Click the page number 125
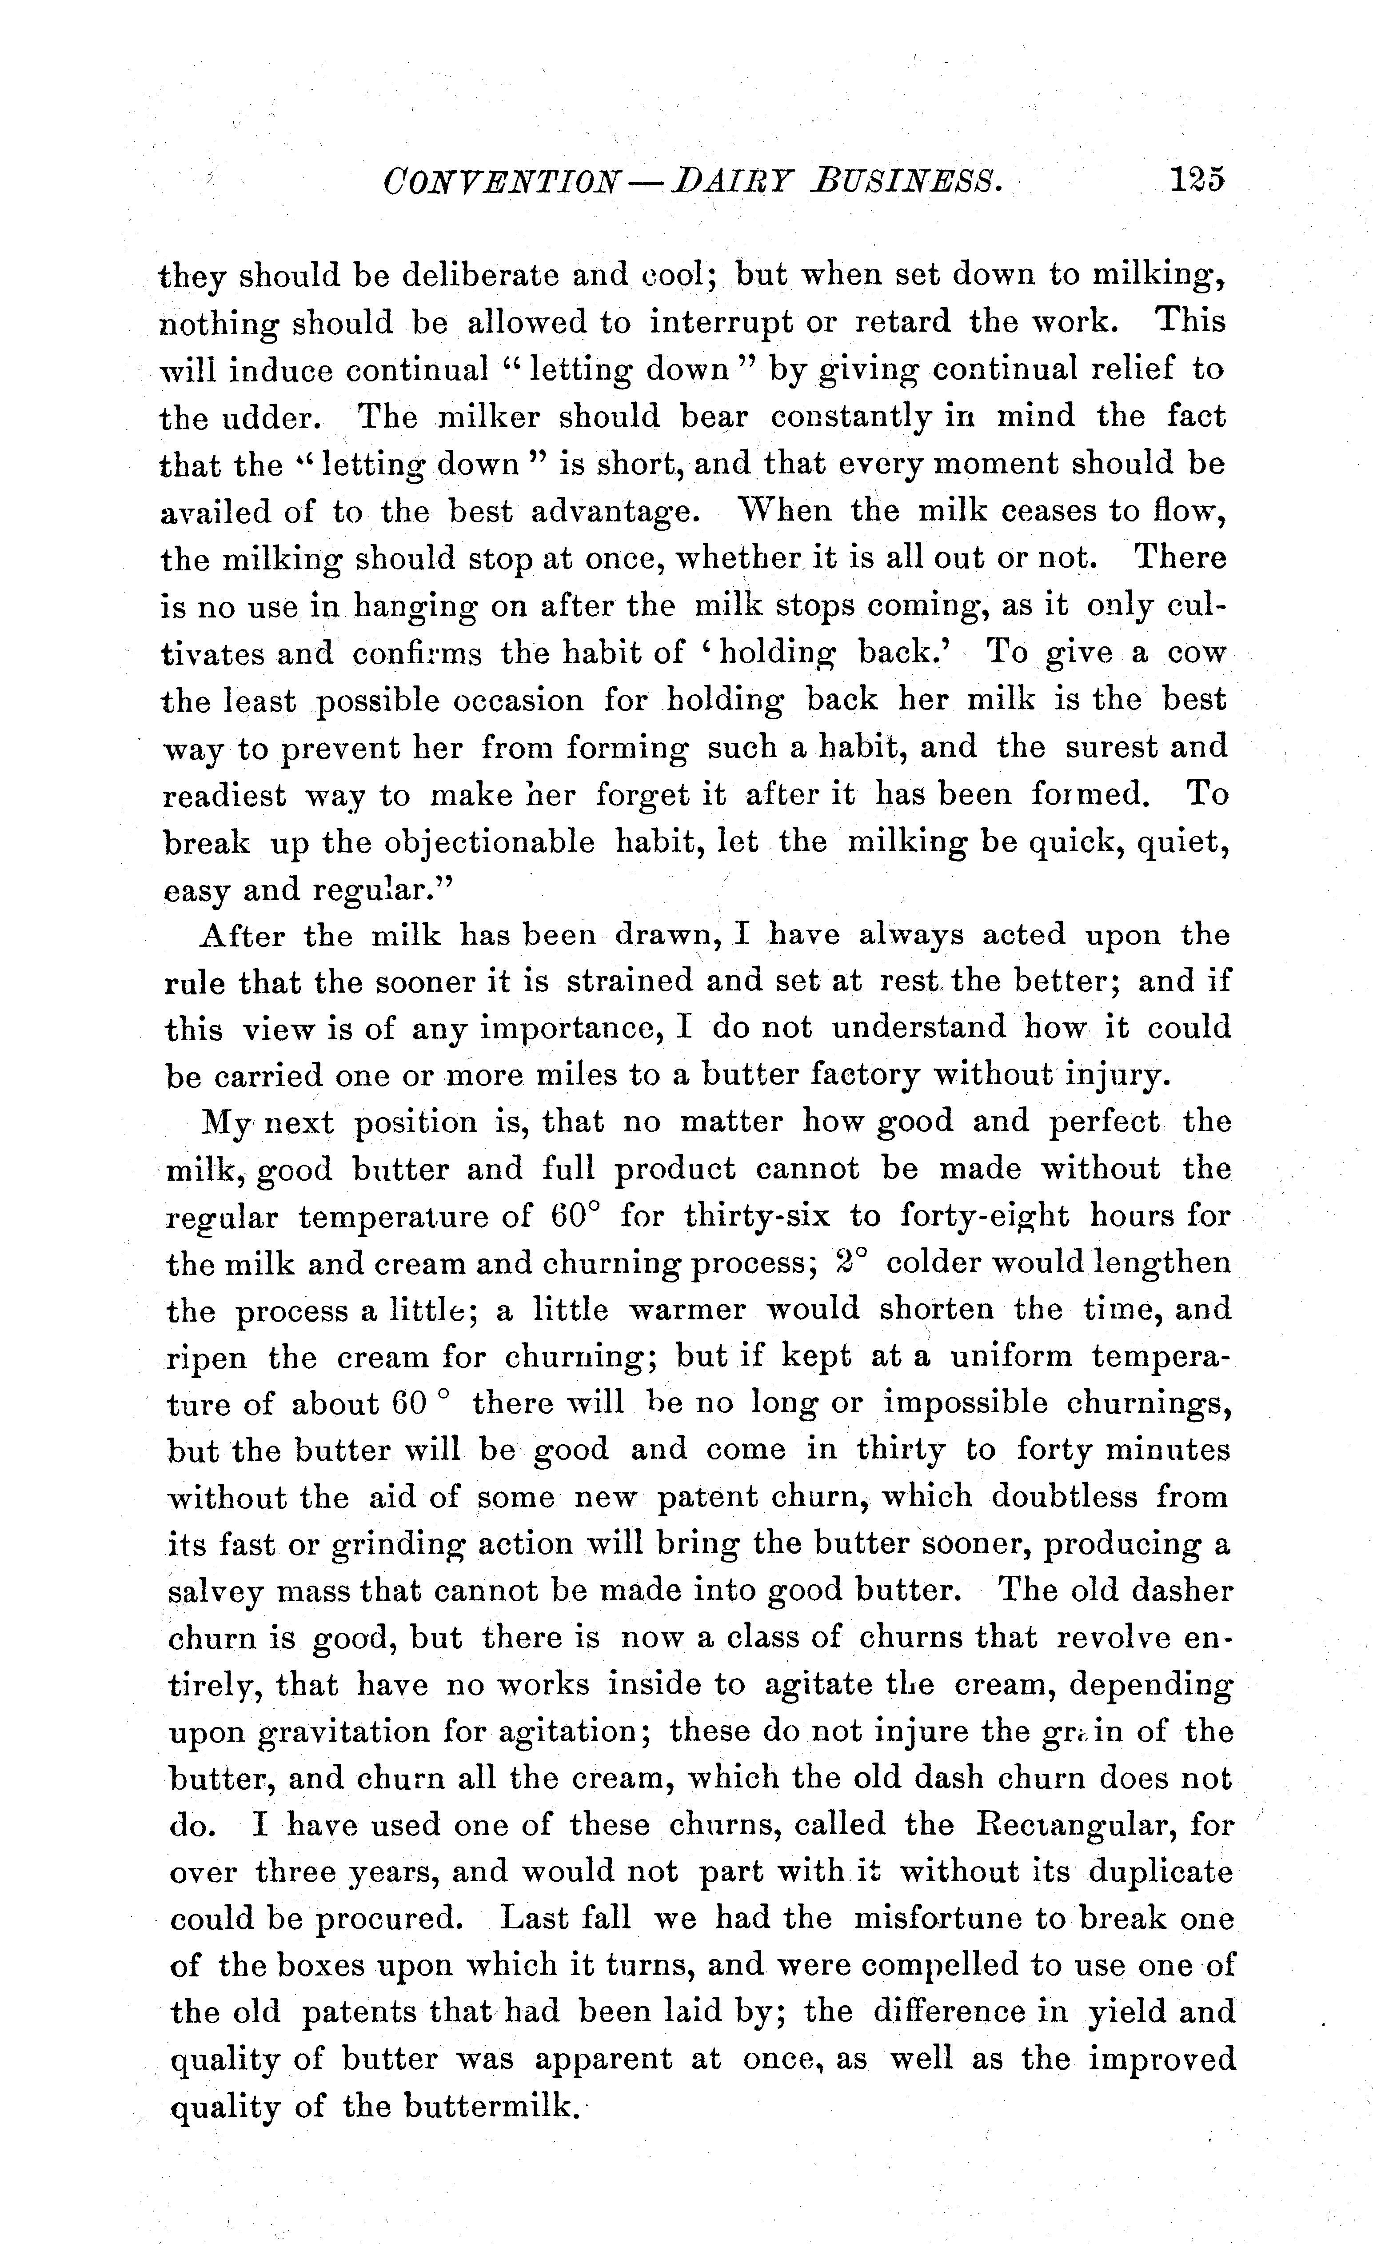point(1198,180)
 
